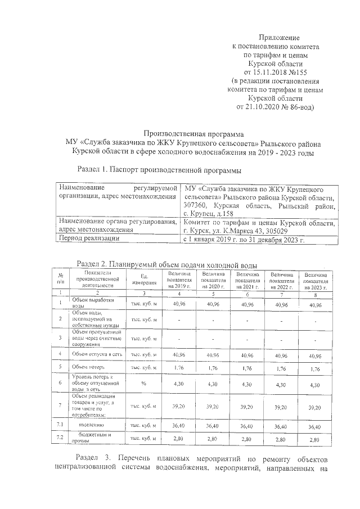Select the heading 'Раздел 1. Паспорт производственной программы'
(x=159, y=169)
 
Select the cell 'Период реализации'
(x=89, y=239)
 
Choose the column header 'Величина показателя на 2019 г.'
(x=179, y=279)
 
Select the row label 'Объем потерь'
(x=85, y=367)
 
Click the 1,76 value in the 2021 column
(x=247, y=368)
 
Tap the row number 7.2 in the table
(x=58, y=437)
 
